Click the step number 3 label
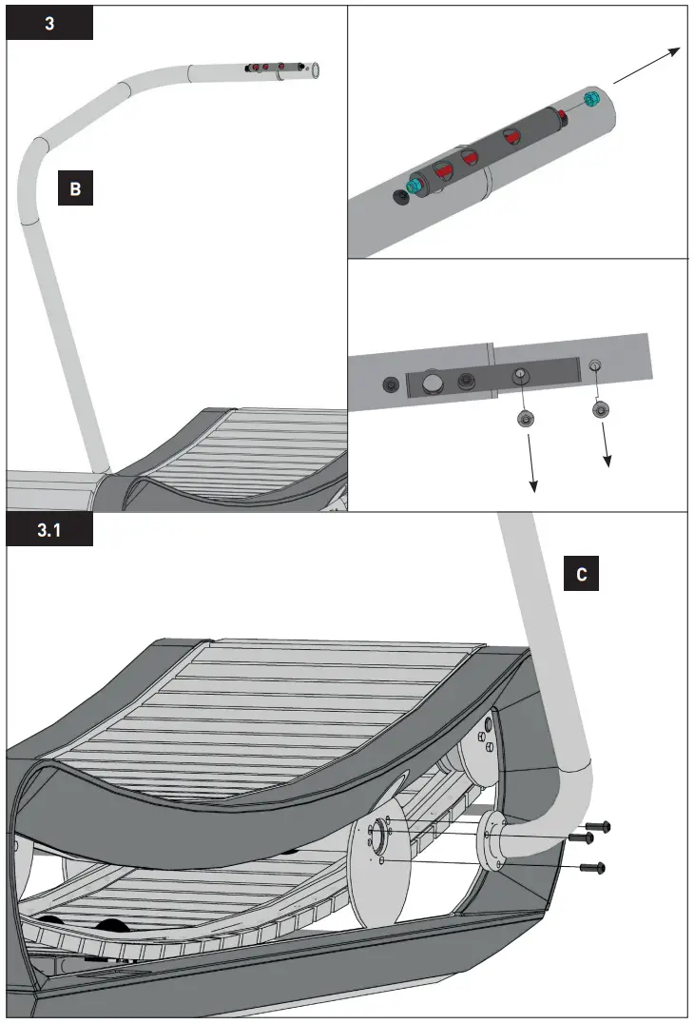pos(49,24)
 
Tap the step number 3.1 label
pos(49,531)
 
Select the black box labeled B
pos(75,188)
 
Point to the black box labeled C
pos(581,575)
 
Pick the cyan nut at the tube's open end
pos(592,99)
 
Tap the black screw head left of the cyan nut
pos(398,197)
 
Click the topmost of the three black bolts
pos(598,828)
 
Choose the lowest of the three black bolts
pos(593,867)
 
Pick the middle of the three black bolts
pos(581,838)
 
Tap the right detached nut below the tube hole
pos(600,409)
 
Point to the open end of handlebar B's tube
pos(315,69)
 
